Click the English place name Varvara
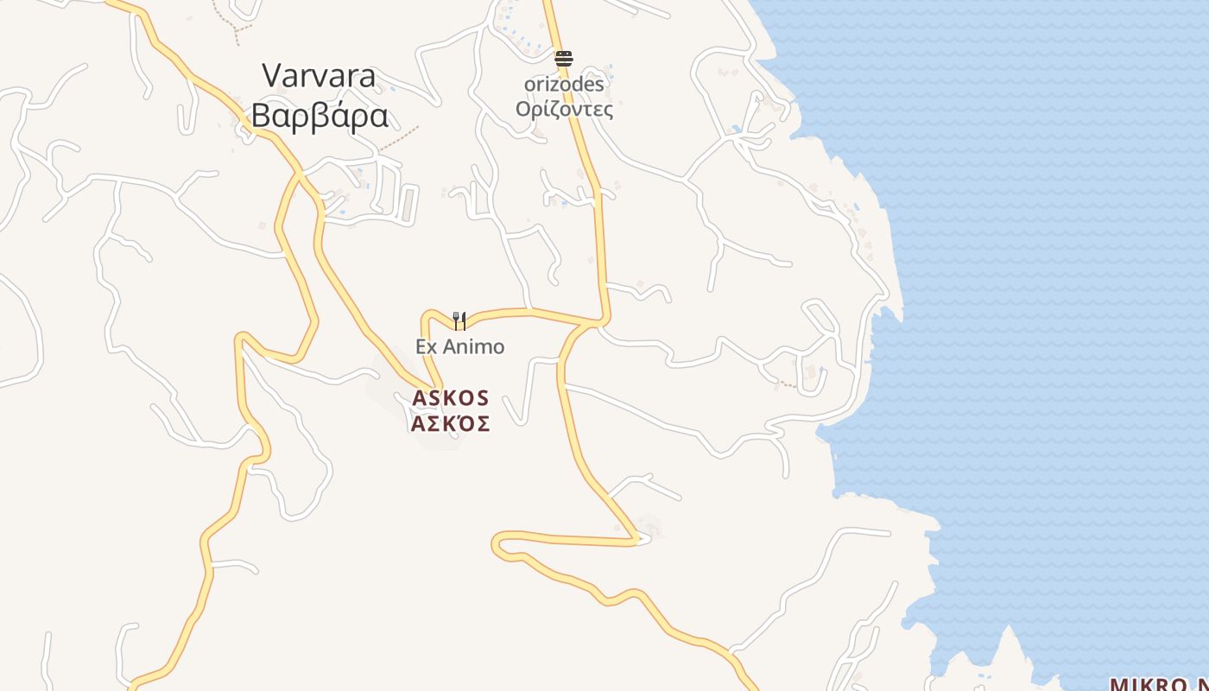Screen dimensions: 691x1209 coord(320,76)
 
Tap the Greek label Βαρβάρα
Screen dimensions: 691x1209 coord(320,116)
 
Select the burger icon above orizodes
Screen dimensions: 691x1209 coord(564,59)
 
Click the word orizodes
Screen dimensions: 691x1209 coord(564,85)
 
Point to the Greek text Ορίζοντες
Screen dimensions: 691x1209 coord(564,110)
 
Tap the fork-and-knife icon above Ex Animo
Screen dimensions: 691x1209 coord(459,321)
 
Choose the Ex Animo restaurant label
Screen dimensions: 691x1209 coord(459,347)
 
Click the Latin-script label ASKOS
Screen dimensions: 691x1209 coord(451,398)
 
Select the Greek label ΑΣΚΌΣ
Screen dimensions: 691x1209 coord(451,423)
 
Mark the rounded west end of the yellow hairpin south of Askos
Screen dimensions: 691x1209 coord(497,544)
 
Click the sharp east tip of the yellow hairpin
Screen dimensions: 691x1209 coord(640,541)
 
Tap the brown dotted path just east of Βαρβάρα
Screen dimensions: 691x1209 coord(400,139)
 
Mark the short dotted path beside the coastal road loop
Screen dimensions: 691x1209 coord(787,384)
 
